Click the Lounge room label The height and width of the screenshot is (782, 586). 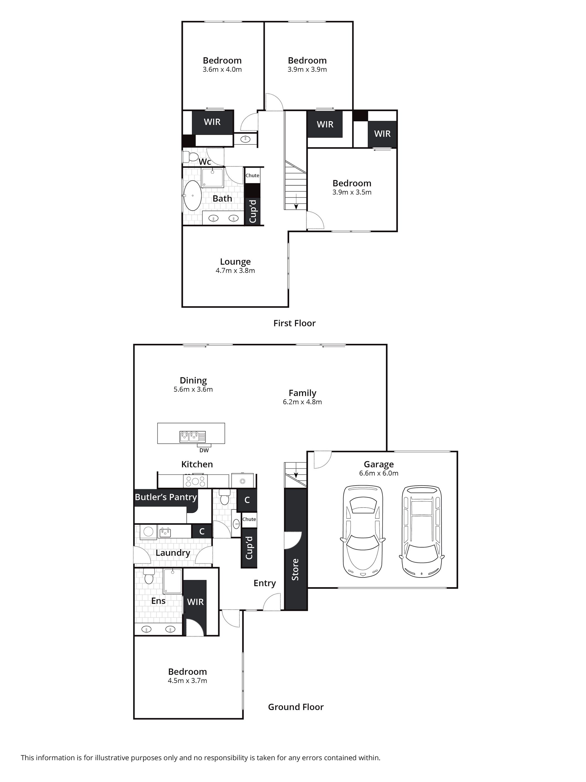(235, 262)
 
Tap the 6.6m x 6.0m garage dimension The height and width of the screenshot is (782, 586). (378, 473)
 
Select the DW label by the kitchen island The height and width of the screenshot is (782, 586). (204, 450)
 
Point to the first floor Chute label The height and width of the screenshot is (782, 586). (252, 175)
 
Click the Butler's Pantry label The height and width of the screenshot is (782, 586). (166, 497)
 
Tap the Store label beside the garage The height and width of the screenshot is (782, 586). (295, 569)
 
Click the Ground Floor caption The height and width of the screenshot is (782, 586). (296, 707)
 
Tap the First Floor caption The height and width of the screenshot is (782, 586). (294, 323)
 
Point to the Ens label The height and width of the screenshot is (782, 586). (158, 601)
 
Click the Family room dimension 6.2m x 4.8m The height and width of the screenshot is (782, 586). (302, 402)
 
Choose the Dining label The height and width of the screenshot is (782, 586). (193, 381)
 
